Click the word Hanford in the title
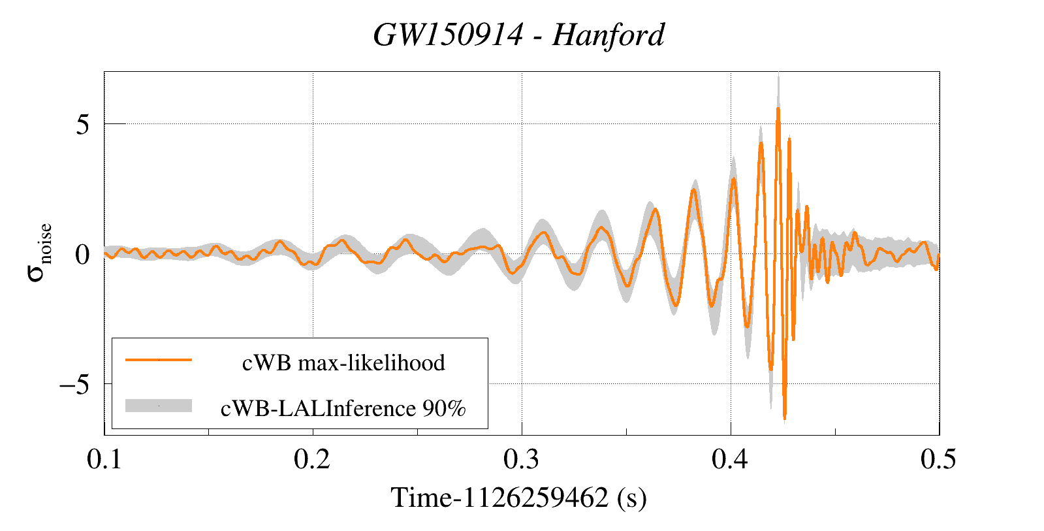tap(608, 35)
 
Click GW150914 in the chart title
tap(448, 35)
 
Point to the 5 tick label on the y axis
tap(82, 124)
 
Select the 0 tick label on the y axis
tap(82, 254)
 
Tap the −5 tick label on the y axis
tap(74, 384)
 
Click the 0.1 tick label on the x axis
tap(104, 460)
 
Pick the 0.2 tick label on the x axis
tap(312, 460)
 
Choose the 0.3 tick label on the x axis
tap(521, 460)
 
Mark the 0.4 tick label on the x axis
tap(730, 460)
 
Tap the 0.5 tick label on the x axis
tap(938, 460)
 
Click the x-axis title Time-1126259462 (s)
tap(519, 498)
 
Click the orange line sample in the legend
tap(159, 360)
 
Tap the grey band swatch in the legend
tap(159, 406)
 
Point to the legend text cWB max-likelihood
tap(343, 362)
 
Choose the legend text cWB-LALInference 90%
tap(343, 408)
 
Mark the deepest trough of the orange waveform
tap(784, 417)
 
